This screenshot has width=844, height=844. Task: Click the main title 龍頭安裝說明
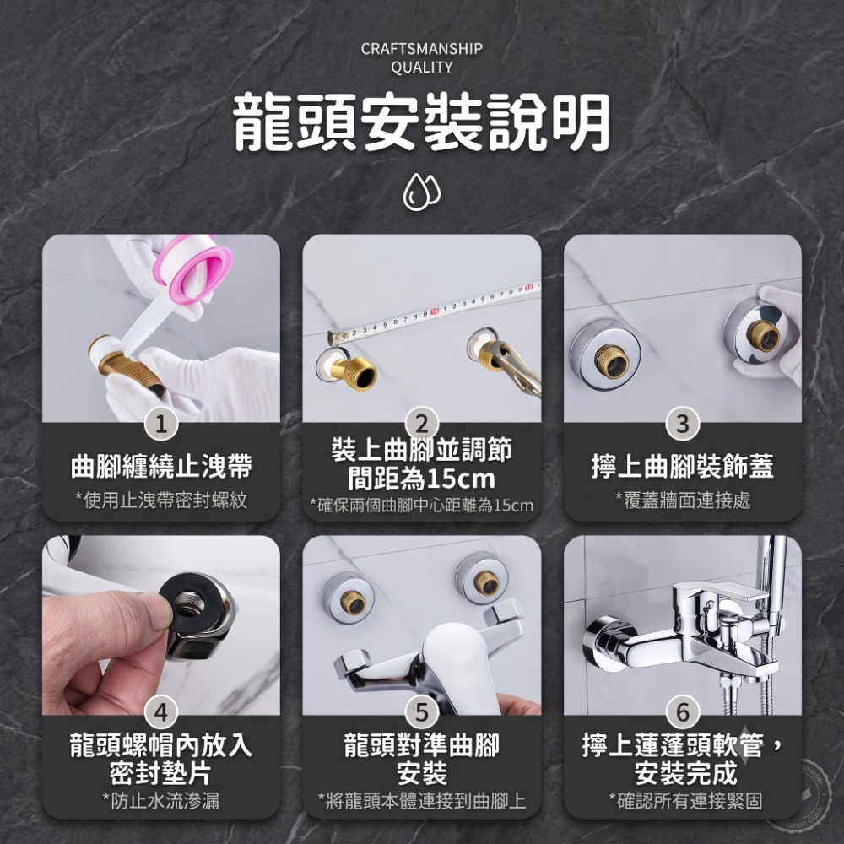pyautogui.click(x=422, y=122)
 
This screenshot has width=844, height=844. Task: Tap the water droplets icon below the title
pyautogui.click(x=422, y=191)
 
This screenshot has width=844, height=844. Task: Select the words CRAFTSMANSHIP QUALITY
pyautogui.click(x=422, y=58)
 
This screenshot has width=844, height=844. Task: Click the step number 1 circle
pyautogui.click(x=161, y=425)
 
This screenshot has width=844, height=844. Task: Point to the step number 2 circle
pyautogui.click(x=422, y=425)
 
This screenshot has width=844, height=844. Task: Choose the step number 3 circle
pyautogui.click(x=683, y=425)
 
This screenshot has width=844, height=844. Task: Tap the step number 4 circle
pyautogui.click(x=161, y=712)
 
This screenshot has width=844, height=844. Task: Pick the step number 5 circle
pyautogui.click(x=422, y=712)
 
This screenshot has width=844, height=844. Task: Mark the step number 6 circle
pyautogui.click(x=683, y=712)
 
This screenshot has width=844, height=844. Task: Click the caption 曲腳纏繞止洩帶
pyautogui.click(x=161, y=466)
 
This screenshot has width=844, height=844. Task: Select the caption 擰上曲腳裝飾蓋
pyautogui.click(x=683, y=466)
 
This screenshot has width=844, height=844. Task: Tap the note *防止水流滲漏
pyautogui.click(x=161, y=801)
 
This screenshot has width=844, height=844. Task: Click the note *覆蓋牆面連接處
pyautogui.click(x=683, y=500)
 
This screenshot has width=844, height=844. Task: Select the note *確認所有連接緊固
pyautogui.click(x=685, y=801)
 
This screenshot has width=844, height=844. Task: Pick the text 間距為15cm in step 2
pyautogui.click(x=421, y=478)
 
